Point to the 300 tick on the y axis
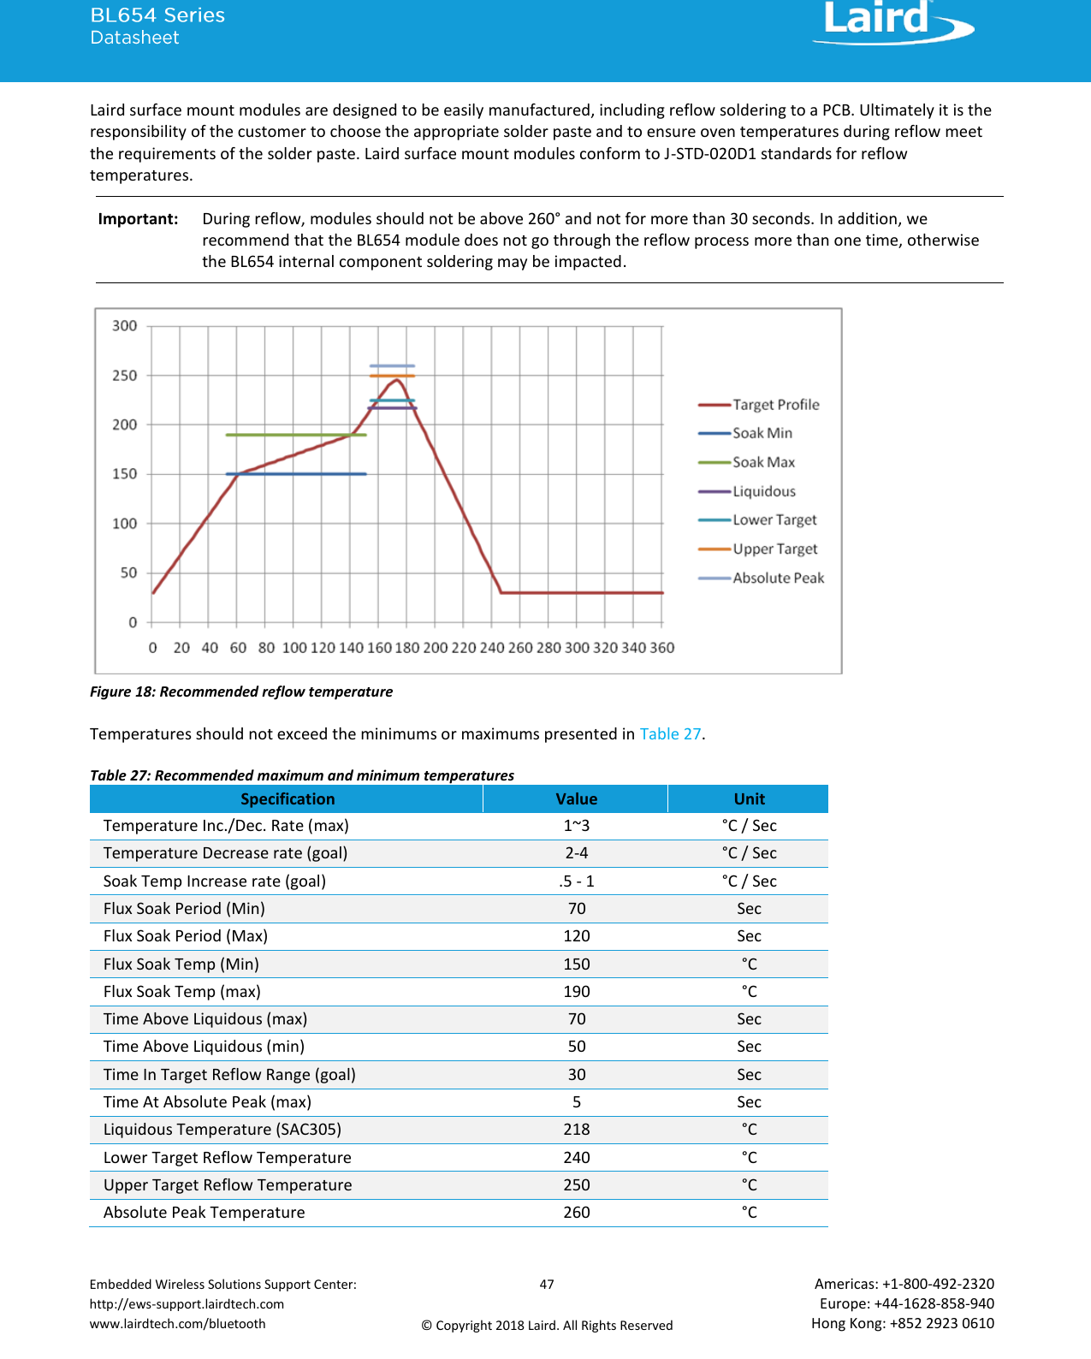click(125, 326)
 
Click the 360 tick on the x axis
click(661, 648)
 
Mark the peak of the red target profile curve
click(395, 380)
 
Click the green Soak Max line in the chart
click(295, 435)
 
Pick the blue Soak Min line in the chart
click(295, 474)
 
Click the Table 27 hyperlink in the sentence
click(670, 734)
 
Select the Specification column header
click(287, 799)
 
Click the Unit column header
click(749, 799)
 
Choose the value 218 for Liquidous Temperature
click(576, 1130)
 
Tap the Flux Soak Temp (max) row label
click(181, 992)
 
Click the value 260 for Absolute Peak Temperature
click(576, 1213)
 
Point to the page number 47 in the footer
click(547, 1285)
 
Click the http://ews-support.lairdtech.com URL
click(187, 1304)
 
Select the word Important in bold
click(138, 219)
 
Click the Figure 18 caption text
click(241, 691)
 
